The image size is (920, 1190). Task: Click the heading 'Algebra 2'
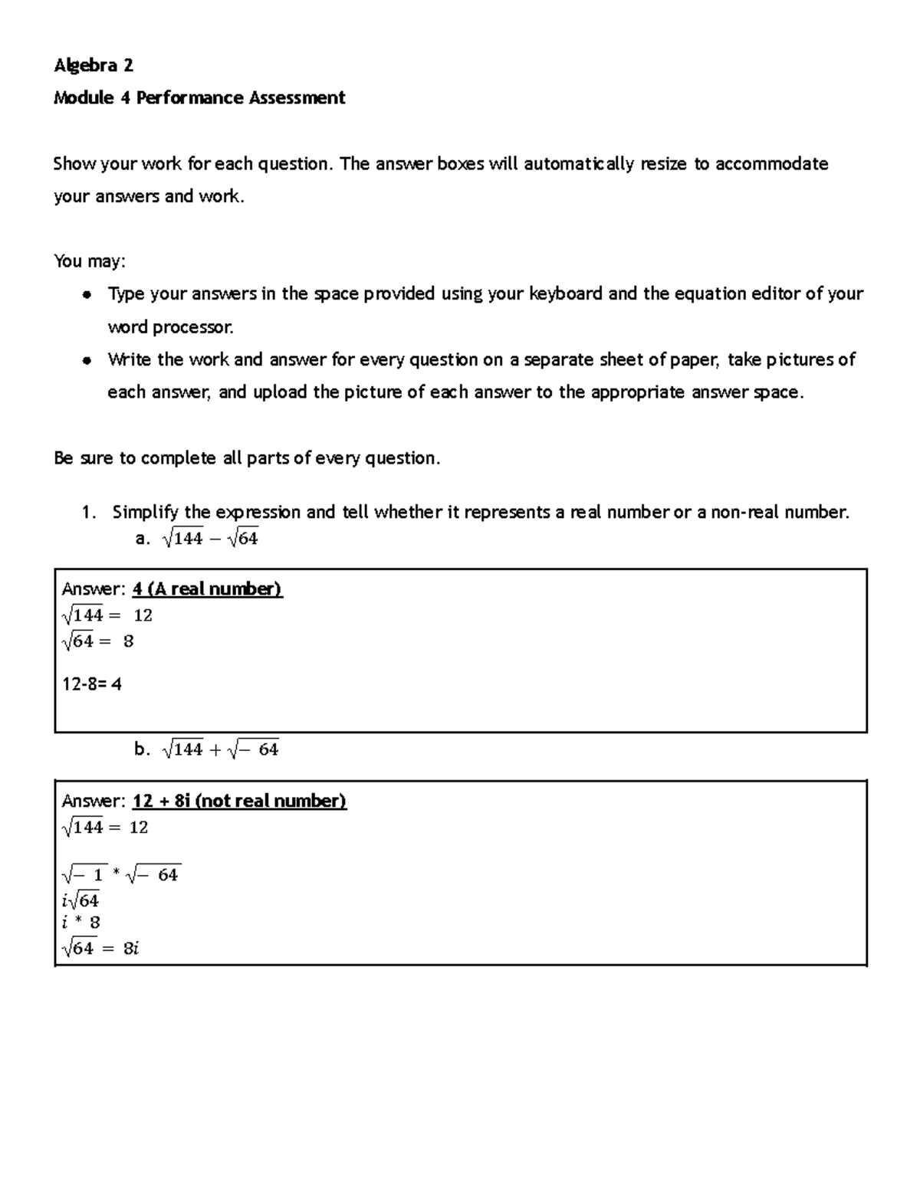[x=93, y=66]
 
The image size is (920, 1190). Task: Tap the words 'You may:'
[x=89, y=261]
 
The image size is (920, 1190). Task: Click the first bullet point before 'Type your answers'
[x=88, y=295]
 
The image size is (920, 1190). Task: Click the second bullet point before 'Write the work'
[x=88, y=360]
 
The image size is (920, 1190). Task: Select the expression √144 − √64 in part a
[x=210, y=539]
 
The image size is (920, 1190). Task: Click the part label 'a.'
[x=142, y=539]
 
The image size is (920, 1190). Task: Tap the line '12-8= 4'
[x=91, y=684]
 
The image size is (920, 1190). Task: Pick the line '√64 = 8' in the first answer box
[x=97, y=641]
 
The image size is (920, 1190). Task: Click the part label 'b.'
[x=142, y=750]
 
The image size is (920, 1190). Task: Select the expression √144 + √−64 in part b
[x=221, y=750]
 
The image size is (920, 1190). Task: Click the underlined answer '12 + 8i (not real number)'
[x=239, y=802]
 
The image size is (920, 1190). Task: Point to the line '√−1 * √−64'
[x=121, y=875]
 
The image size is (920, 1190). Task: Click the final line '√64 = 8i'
[x=100, y=949]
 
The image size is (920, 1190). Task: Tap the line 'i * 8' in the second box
[x=80, y=923]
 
